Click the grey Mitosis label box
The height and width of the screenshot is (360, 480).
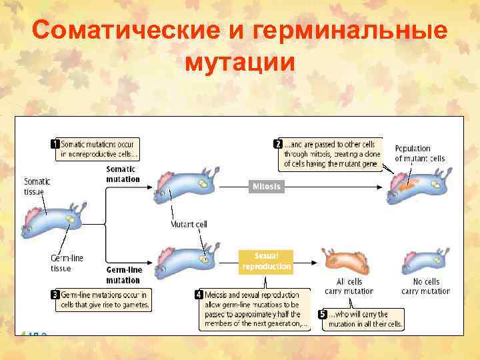pyautogui.click(x=267, y=187)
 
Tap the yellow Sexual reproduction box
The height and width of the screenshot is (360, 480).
pyautogui.click(x=267, y=261)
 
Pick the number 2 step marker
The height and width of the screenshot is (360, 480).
pyautogui.click(x=277, y=144)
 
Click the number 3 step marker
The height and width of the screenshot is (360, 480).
pyautogui.click(x=55, y=294)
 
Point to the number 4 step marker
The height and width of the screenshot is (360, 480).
pyautogui.click(x=199, y=294)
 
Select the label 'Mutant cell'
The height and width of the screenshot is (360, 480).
pyautogui.click(x=189, y=224)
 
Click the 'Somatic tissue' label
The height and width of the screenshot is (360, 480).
pyautogui.click(x=37, y=186)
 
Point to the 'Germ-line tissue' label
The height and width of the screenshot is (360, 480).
pyautogui.click(x=67, y=263)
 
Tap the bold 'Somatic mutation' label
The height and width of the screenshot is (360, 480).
pyautogui.click(x=123, y=174)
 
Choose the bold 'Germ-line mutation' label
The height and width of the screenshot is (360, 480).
pyautogui.click(x=123, y=275)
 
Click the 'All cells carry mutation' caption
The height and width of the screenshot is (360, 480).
pyautogui.click(x=349, y=286)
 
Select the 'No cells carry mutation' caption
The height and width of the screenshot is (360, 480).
pyautogui.click(x=425, y=286)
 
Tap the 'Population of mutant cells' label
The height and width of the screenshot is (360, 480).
pyautogui.click(x=419, y=153)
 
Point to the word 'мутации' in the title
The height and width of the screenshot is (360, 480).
pyautogui.click(x=239, y=62)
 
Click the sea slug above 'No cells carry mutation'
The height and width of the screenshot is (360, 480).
pyautogui.click(x=424, y=260)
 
